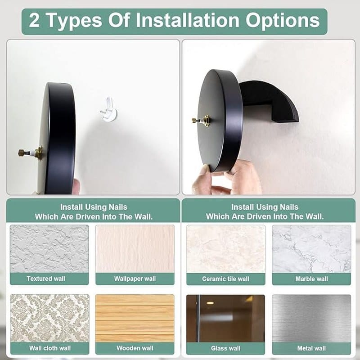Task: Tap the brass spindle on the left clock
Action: (30, 153)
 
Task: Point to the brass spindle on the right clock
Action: (201, 120)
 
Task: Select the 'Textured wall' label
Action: (46, 279)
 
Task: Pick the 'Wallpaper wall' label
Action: (135, 279)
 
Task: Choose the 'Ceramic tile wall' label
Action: (225, 279)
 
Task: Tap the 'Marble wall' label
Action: (311, 279)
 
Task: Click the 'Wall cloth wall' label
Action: (50, 348)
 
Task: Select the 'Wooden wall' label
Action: (135, 348)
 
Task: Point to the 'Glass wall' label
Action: (225, 348)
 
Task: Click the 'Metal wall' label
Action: (311, 348)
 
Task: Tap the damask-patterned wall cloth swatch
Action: (49, 318)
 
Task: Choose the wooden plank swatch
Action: (135, 318)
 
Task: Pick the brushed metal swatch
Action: (311, 319)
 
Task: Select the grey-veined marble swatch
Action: (311, 249)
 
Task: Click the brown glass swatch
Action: (225, 319)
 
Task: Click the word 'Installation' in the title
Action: (188, 20)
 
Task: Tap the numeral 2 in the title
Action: (34, 20)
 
